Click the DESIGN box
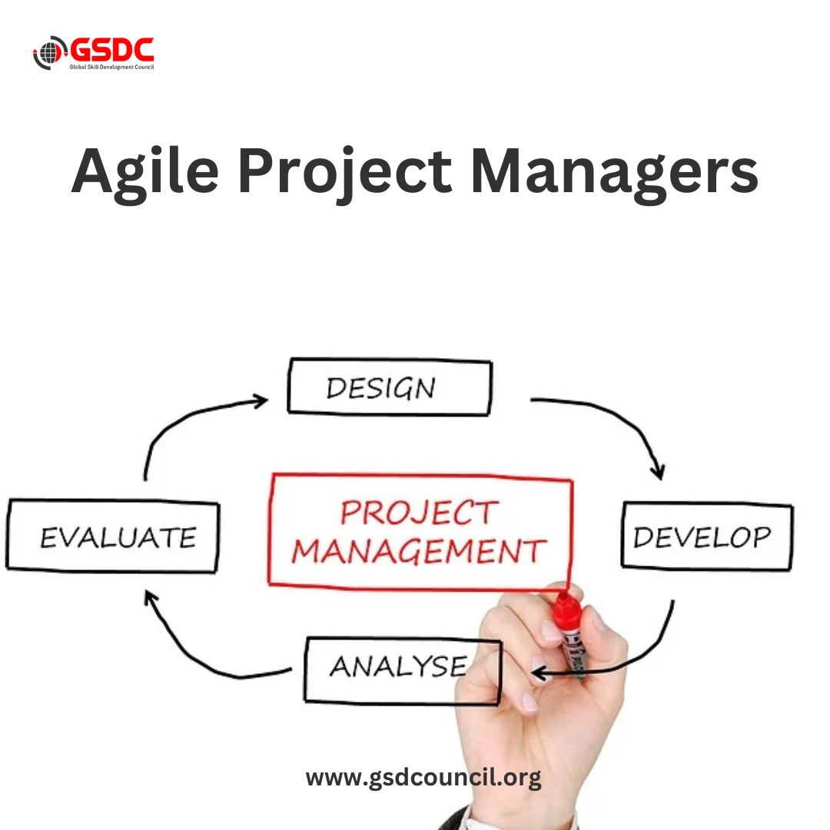(x=389, y=387)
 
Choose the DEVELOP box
(x=706, y=536)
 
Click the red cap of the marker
(x=567, y=607)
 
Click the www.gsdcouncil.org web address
(x=423, y=777)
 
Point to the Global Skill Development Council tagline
(x=112, y=68)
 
